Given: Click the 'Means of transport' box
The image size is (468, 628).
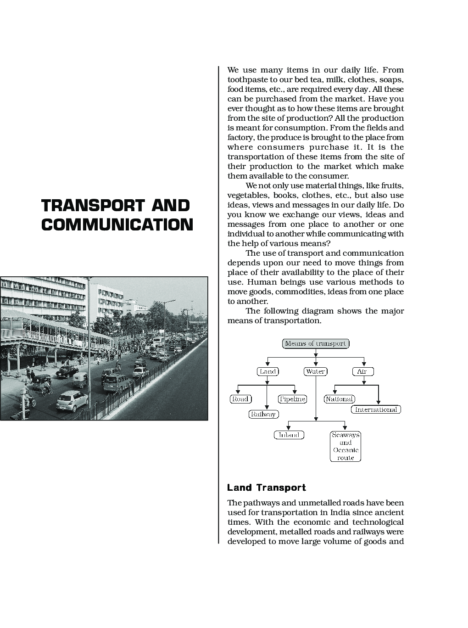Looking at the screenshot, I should point(316,343).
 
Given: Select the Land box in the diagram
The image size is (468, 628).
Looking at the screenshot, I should point(267,371).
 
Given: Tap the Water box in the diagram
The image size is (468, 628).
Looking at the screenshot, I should point(316,371).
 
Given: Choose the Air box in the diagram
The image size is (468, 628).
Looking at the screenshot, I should point(363,371).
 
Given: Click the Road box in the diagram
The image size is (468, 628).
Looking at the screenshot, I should point(240,399).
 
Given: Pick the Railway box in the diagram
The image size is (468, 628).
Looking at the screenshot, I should point(263,414).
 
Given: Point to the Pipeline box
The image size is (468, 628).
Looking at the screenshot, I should point(292,399).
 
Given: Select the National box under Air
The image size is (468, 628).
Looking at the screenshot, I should point(339,399).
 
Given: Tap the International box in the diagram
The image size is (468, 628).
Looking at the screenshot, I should point(376,409).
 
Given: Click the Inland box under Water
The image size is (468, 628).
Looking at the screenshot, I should point(289,435).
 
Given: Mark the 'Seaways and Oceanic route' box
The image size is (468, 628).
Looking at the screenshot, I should point(345,446).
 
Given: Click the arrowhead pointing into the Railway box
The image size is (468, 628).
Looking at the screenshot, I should point(267,407).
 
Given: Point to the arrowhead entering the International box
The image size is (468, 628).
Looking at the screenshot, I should point(379,403).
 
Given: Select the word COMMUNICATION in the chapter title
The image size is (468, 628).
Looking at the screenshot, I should point(117,224).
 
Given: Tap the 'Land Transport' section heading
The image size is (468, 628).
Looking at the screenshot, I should point(267,488).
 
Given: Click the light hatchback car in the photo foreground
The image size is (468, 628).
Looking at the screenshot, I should point(72,401).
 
